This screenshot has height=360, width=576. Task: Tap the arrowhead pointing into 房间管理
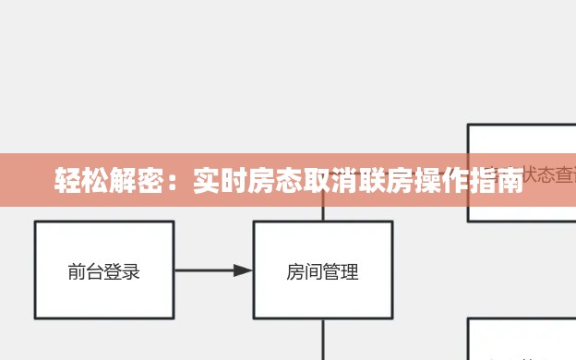point(243,270)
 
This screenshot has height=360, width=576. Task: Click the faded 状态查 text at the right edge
point(550,174)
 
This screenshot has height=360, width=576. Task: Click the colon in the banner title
point(177,181)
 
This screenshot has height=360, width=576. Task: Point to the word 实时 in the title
point(220,180)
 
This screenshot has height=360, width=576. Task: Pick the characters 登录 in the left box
point(122,271)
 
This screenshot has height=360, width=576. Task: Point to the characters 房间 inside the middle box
point(305,271)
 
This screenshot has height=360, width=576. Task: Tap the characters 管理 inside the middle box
point(342,271)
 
